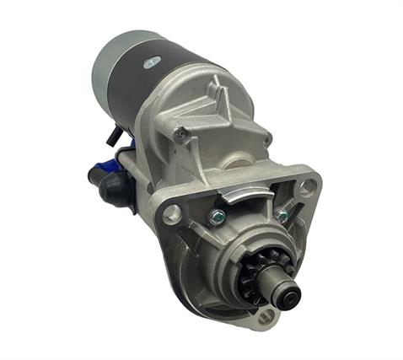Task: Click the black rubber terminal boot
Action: (106, 179)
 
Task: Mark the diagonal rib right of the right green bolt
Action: (296, 207)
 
